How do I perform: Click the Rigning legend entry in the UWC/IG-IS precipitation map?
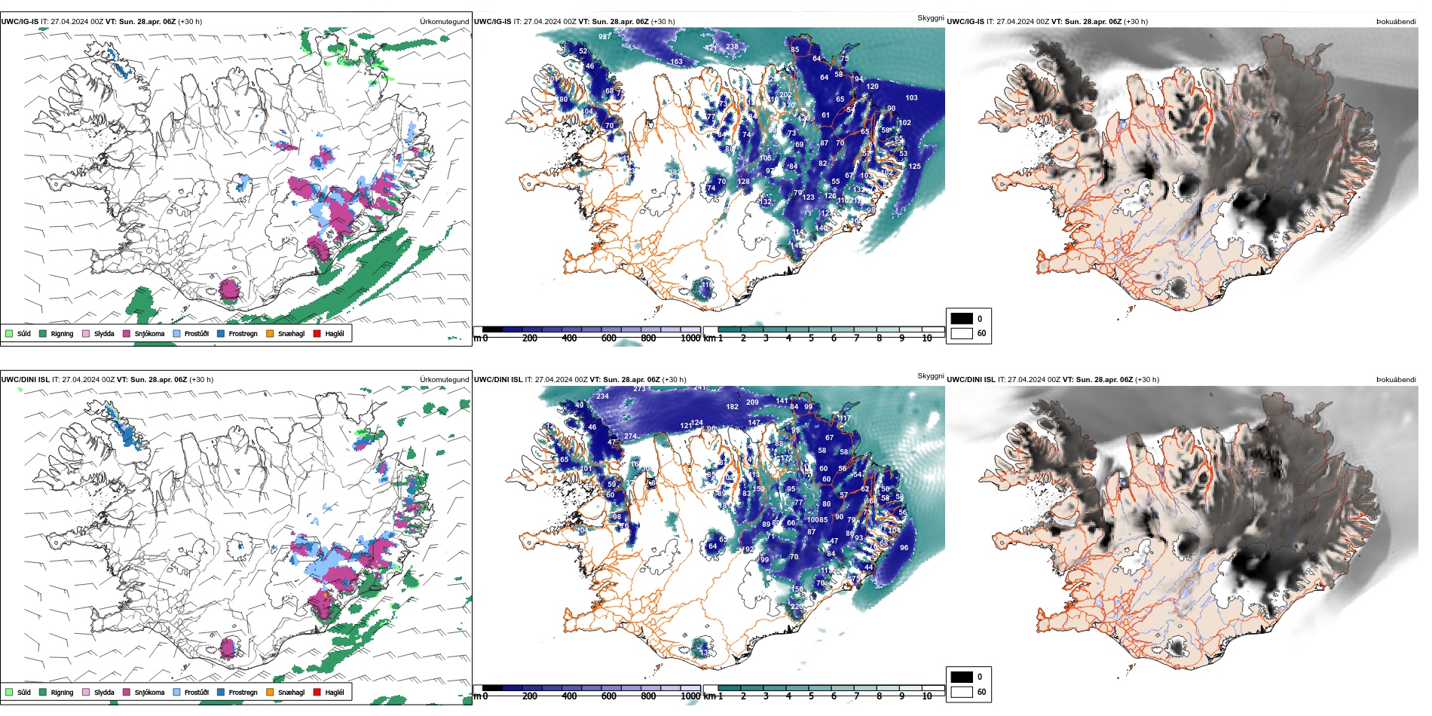(x=57, y=333)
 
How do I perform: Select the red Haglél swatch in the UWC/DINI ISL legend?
(x=317, y=692)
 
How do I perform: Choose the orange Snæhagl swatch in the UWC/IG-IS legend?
(x=270, y=333)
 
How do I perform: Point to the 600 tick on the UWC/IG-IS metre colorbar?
(x=609, y=338)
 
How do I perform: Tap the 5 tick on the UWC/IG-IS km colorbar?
(x=811, y=338)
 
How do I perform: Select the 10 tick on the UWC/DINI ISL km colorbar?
(x=927, y=696)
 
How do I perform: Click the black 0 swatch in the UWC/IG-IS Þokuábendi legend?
(x=962, y=319)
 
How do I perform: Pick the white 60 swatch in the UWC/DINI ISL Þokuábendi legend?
(x=962, y=692)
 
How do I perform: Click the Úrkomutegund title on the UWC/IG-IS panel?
(x=444, y=22)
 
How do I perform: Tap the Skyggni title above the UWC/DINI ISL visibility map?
(x=930, y=376)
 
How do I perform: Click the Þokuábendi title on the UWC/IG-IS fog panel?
(x=1396, y=22)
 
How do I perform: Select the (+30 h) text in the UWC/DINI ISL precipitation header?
(x=201, y=380)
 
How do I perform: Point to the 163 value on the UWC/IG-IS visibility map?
(x=676, y=62)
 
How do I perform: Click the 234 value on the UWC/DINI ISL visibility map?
(x=602, y=396)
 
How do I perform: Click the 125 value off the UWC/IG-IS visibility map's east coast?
(x=914, y=167)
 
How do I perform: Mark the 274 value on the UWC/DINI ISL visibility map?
(x=630, y=436)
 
